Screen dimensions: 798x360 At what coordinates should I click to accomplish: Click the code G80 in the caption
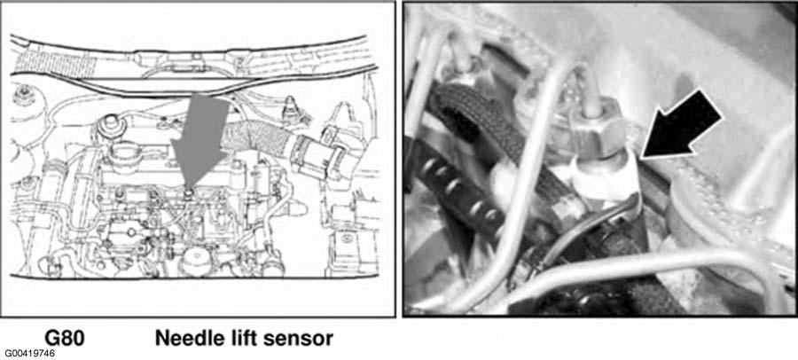(64, 338)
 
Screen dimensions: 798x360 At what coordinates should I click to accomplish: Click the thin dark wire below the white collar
(575, 235)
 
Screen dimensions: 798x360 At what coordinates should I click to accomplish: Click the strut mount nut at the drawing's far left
(22, 94)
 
